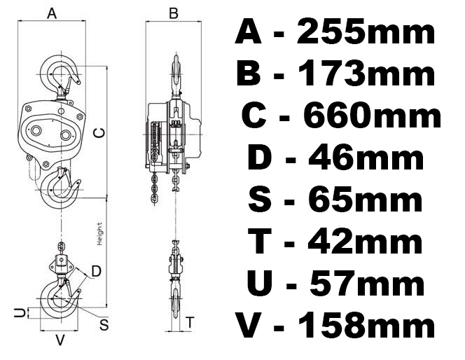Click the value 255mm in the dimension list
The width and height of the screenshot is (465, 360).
point(366,31)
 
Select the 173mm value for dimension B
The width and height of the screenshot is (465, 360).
point(366,73)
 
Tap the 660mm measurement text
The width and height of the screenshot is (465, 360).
point(373,115)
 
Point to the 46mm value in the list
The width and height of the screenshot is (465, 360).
point(366,157)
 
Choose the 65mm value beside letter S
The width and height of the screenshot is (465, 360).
point(366,198)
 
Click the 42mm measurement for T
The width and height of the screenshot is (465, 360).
point(366,241)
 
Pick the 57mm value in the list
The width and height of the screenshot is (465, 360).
point(367,283)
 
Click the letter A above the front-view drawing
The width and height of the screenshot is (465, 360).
point(52,13)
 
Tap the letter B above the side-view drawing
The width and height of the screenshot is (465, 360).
point(174,13)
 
